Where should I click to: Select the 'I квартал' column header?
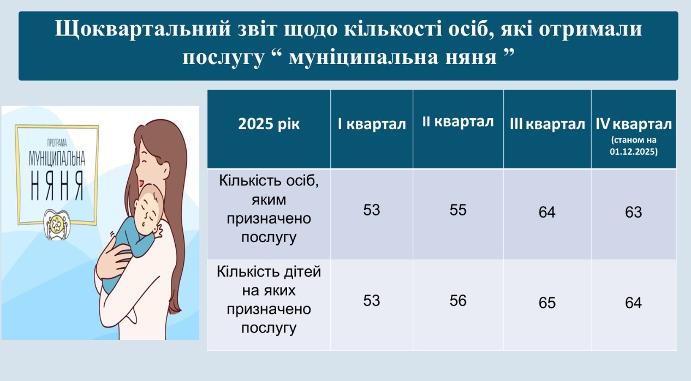pyautogui.click(x=372, y=124)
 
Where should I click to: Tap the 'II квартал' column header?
pyautogui.click(x=458, y=122)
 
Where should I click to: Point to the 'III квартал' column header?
pyautogui.click(x=547, y=124)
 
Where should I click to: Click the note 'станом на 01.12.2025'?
pyautogui.click(x=634, y=145)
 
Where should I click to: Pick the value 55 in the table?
pyautogui.click(x=458, y=210)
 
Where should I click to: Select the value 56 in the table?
pyautogui.click(x=458, y=301)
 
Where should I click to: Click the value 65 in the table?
pyautogui.click(x=547, y=303)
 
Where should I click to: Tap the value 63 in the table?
pyautogui.click(x=634, y=212)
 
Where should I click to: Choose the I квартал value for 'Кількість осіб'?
pyautogui.click(x=371, y=210)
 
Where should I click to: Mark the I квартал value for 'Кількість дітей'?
pyautogui.click(x=371, y=301)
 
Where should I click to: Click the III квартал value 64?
pyautogui.click(x=547, y=212)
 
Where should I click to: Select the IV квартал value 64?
pyautogui.click(x=634, y=303)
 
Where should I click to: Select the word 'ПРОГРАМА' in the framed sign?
pyautogui.click(x=57, y=143)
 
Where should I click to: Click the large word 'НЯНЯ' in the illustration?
pyautogui.click(x=57, y=185)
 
